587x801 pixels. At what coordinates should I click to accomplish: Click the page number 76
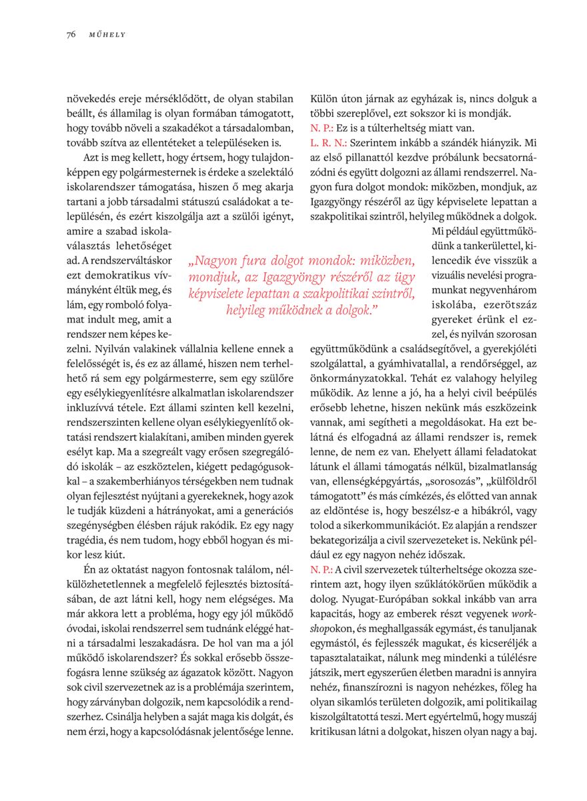(71, 35)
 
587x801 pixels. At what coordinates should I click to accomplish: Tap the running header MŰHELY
(107, 35)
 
